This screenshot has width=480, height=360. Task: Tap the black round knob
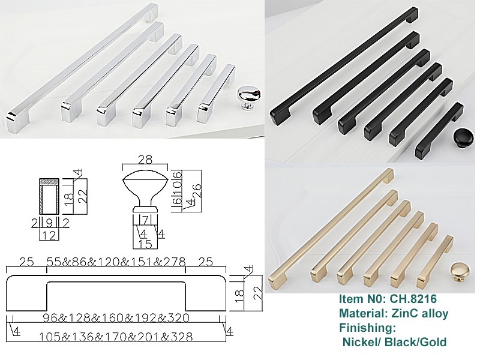pyautogui.click(x=463, y=139)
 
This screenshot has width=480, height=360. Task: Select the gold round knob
pyautogui.click(x=459, y=272)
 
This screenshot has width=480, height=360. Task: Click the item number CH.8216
pyautogui.click(x=413, y=299)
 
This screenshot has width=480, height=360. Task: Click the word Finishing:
pyautogui.click(x=367, y=328)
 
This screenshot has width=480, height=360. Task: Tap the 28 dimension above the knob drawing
pyautogui.click(x=145, y=160)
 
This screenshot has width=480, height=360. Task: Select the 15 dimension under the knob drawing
pyautogui.click(x=145, y=244)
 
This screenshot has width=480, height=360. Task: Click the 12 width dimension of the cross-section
pyautogui.click(x=49, y=236)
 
